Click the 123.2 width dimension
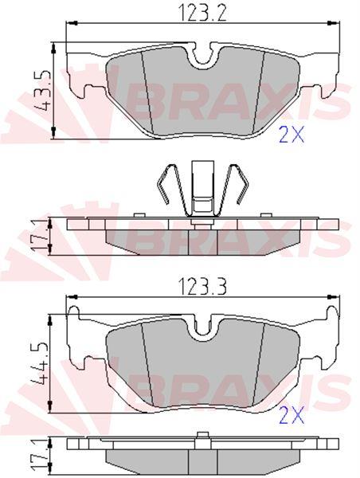(203, 13)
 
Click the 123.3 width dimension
(203, 287)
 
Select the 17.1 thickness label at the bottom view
(41, 456)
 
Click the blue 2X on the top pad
(292, 135)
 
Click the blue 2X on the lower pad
(292, 416)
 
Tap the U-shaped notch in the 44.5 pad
(203, 328)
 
